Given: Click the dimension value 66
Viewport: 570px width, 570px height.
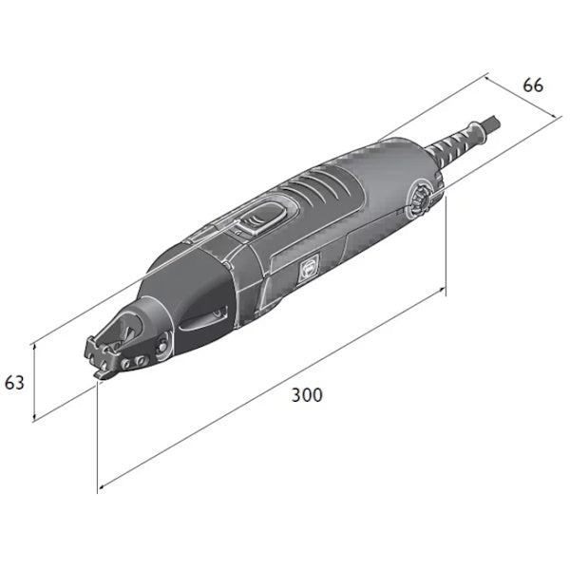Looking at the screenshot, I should pos(533,85).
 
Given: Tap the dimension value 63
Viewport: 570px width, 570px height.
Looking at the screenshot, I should pos(14,384).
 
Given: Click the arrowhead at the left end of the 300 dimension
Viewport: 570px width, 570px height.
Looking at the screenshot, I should pos(103,487).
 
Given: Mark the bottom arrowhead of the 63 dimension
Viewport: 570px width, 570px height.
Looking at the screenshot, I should pos(36,419).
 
